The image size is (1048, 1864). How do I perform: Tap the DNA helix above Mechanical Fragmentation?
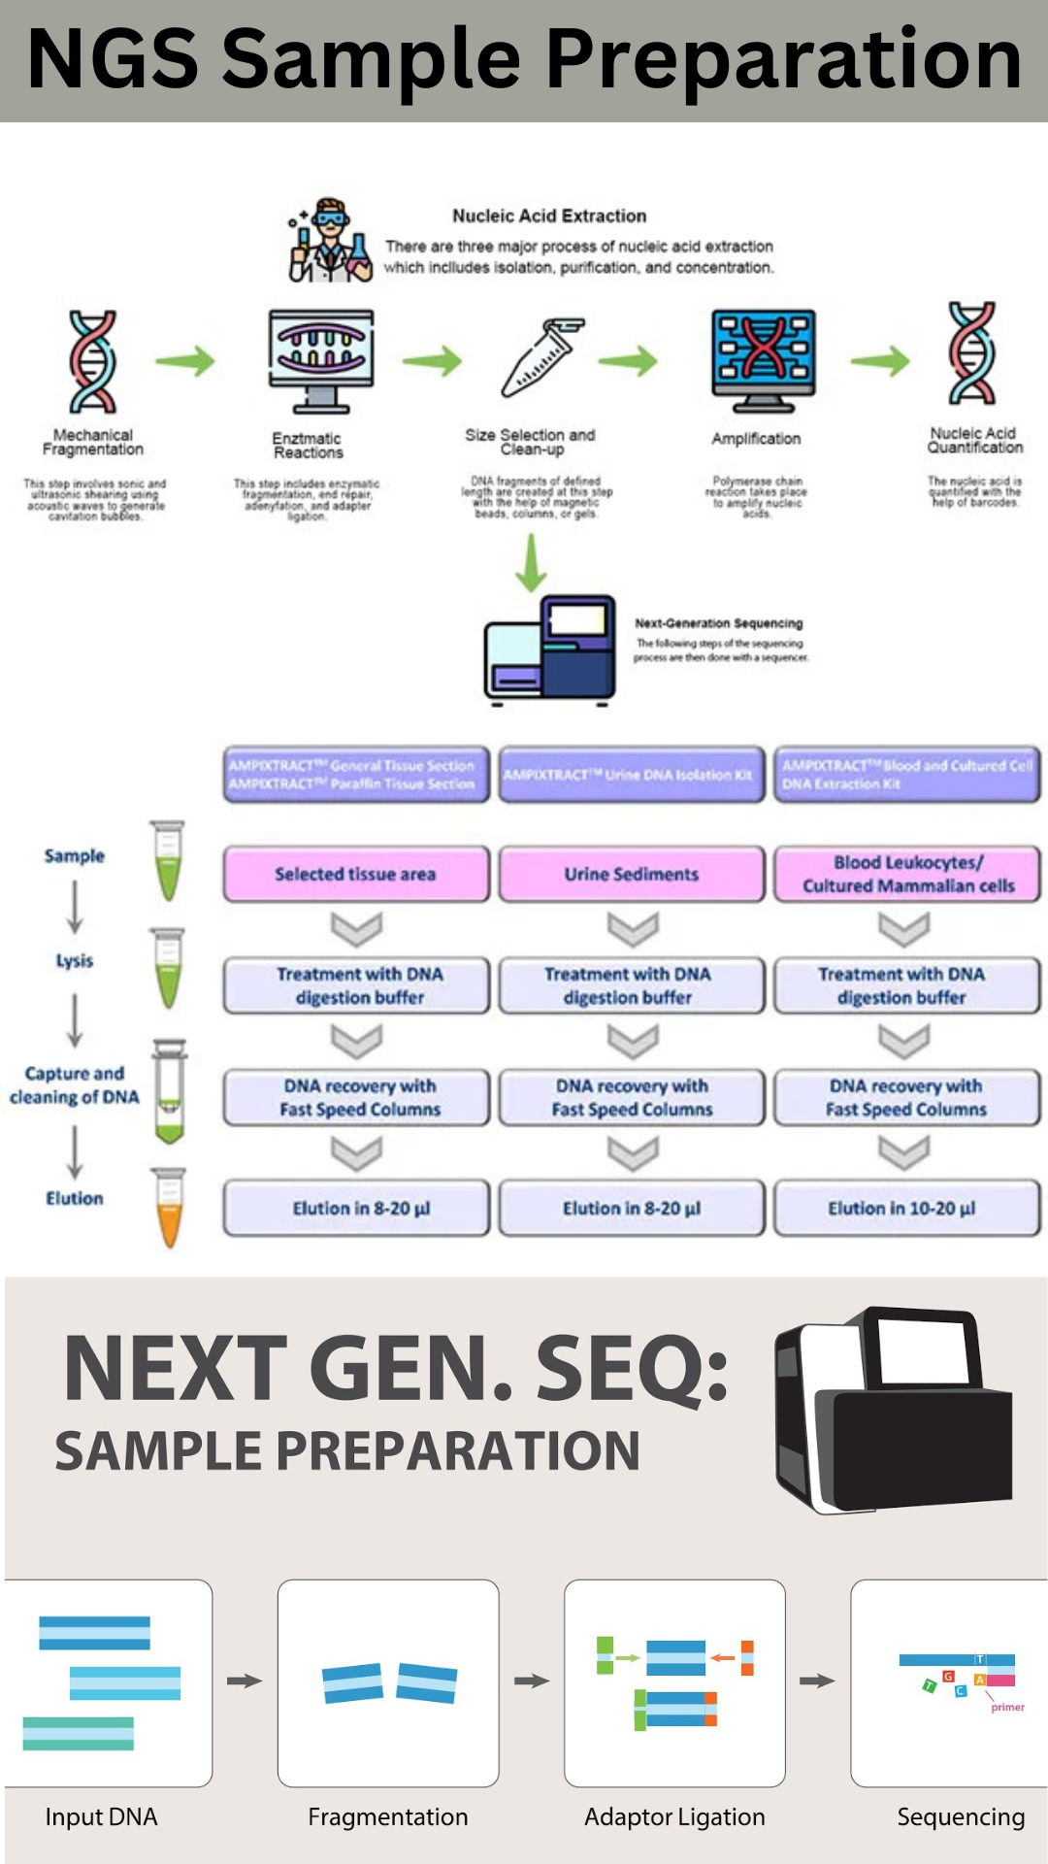[93, 361]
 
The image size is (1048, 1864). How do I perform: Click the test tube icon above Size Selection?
[541, 357]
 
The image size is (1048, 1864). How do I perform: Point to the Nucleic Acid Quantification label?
[974, 441]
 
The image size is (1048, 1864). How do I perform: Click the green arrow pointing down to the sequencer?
[530, 563]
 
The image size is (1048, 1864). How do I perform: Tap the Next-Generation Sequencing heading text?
[719, 623]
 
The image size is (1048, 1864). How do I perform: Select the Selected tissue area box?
[356, 874]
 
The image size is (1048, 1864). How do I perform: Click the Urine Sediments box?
[632, 874]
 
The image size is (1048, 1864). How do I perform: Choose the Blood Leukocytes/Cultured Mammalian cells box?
[907, 874]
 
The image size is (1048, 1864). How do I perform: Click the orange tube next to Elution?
[169, 1208]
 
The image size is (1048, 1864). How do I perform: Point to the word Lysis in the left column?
[75, 961]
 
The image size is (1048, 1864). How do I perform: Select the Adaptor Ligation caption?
[674, 1816]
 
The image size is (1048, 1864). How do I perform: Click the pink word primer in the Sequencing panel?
[1007, 1707]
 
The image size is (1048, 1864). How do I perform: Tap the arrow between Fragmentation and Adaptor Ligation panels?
[532, 1681]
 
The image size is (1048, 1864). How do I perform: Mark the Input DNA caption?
[101, 1816]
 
